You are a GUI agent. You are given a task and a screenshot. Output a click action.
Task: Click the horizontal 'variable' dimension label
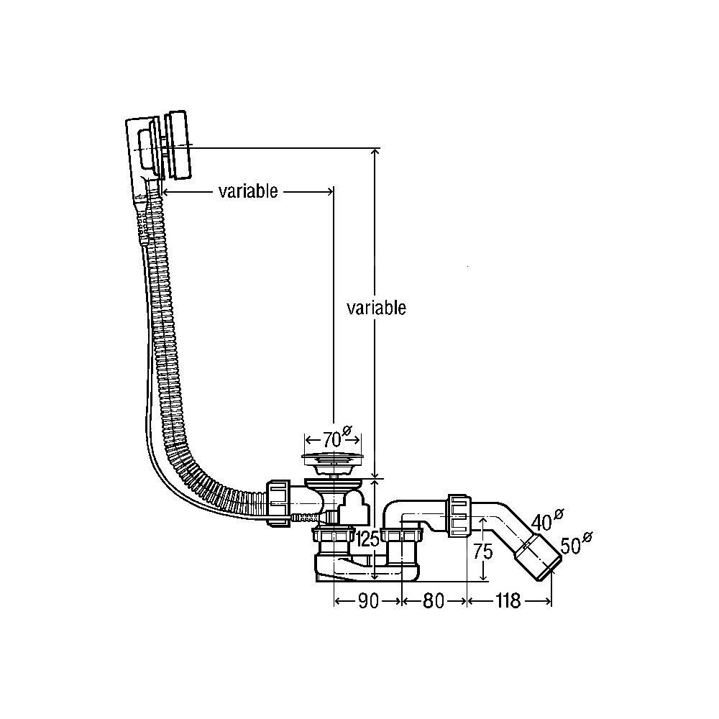tap(248, 191)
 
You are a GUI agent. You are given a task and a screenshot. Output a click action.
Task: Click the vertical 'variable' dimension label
tap(376, 308)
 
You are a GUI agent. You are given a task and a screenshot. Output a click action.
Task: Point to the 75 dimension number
tap(483, 552)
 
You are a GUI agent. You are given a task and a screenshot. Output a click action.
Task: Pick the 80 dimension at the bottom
tap(434, 602)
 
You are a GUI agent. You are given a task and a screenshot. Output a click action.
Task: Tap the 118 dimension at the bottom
tap(508, 602)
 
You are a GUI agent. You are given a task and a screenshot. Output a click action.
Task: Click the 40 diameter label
tap(544, 520)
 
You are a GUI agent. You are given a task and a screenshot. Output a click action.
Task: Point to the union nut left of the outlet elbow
tap(457, 515)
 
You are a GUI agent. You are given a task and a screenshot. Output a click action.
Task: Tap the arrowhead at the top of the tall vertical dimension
tap(375, 152)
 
